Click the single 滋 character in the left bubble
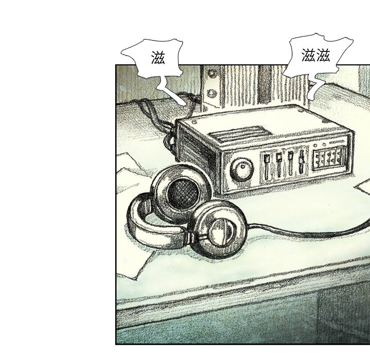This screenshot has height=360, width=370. pos(158,58)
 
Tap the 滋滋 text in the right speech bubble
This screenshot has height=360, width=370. pos(316,55)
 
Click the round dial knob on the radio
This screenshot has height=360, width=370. pos(242,169)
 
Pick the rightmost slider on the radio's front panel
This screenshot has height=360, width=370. pos(302,161)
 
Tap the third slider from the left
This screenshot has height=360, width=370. pos(290,163)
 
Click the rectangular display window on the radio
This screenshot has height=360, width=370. pos(328,157)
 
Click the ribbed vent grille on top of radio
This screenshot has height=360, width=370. pos(240,134)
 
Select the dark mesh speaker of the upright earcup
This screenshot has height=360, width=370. pos(183,193)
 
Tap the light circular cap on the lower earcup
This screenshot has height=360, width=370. pos(221,232)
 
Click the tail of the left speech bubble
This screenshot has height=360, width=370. pos(171,91)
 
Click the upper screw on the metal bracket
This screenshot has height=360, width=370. pos(212,74)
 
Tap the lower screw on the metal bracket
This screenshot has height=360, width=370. pos(211,94)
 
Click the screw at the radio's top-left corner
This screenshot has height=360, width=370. pos(195,122)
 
